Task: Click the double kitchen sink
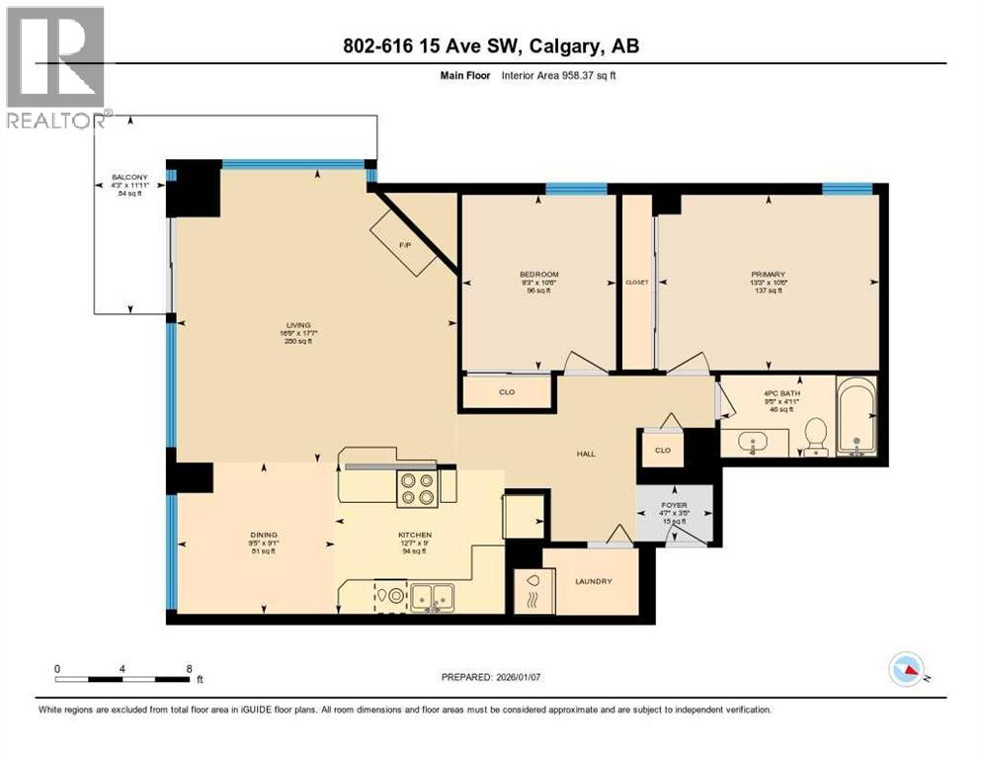pyautogui.click(x=433, y=596)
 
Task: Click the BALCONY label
pyautogui.click(x=128, y=183)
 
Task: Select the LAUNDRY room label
pyautogui.click(x=593, y=581)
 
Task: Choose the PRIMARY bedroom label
pyautogui.click(x=767, y=274)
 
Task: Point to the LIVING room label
pyautogui.click(x=298, y=325)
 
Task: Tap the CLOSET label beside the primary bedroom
pyautogui.click(x=637, y=282)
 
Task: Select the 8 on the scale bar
pyautogui.click(x=189, y=668)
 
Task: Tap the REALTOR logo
pyautogui.click(x=55, y=65)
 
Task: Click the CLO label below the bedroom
pyautogui.click(x=508, y=391)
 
